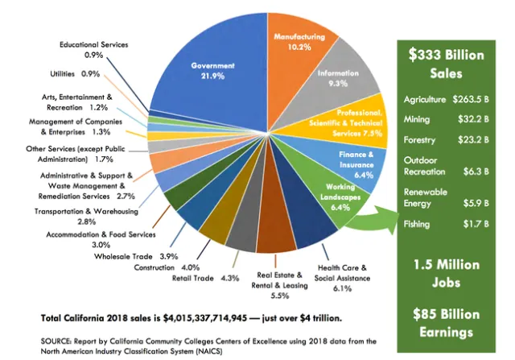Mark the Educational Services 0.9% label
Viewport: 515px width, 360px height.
(93, 49)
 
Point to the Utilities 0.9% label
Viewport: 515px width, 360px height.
(80, 74)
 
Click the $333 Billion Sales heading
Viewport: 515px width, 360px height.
(446, 64)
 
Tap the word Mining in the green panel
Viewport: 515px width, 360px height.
(418, 119)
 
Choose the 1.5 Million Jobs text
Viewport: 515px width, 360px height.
(446, 273)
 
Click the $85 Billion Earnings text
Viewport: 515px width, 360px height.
(446, 321)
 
